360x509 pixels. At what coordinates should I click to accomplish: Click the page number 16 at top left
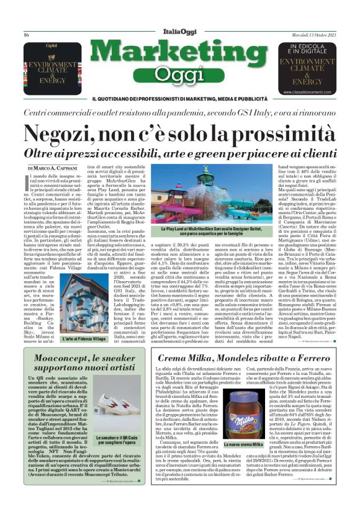pos(26,34)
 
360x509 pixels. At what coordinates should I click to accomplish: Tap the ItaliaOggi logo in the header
pos(180,32)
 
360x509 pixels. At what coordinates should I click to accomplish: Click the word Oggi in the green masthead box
pos(180,78)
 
